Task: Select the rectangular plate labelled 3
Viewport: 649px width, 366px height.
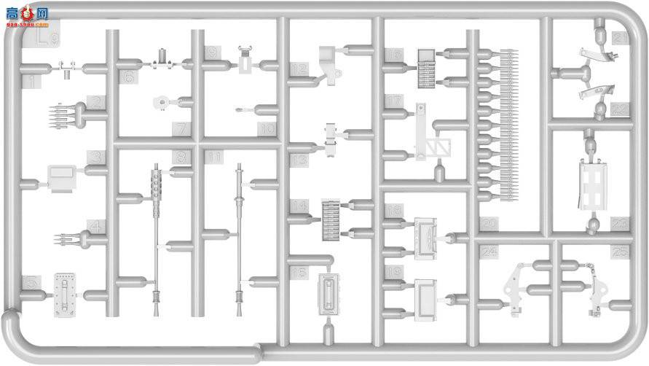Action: click(62, 176)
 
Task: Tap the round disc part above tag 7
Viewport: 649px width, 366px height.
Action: click(161, 104)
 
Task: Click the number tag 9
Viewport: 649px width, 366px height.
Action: click(211, 52)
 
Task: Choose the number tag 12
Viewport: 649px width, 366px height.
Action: click(298, 69)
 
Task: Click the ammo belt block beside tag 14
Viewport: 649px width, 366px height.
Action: click(331, 217)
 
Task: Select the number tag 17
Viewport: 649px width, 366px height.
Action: click(394, 101)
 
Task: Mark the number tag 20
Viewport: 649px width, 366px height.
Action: click(487, 225)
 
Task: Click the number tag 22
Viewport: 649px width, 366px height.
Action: click(620, 109)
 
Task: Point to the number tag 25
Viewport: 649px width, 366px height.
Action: click(621, 252)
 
